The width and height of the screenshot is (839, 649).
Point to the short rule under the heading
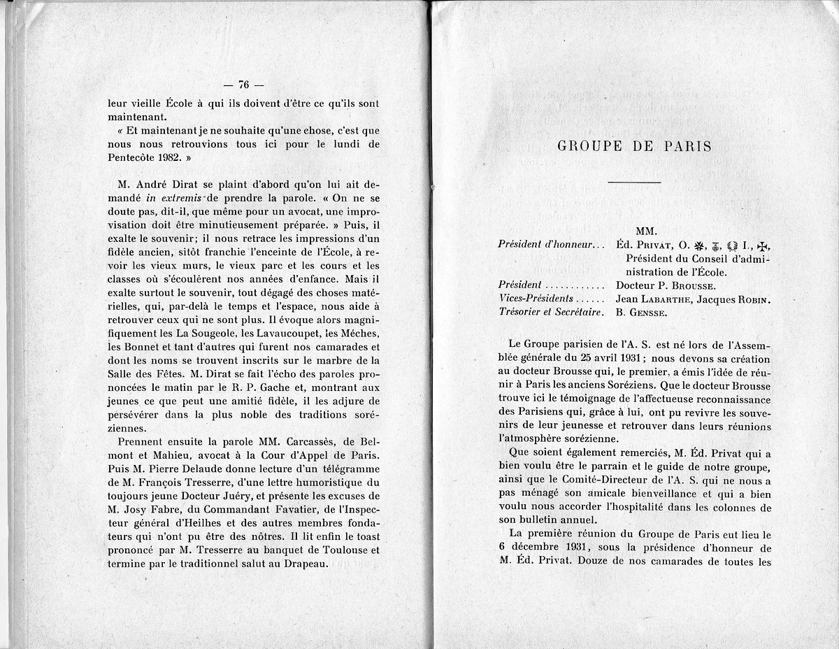point(635,183)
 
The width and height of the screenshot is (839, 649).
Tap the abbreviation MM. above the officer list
point(647,231)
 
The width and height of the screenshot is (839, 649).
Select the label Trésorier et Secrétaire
point(551,313)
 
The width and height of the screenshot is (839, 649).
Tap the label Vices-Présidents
point(533,299)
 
